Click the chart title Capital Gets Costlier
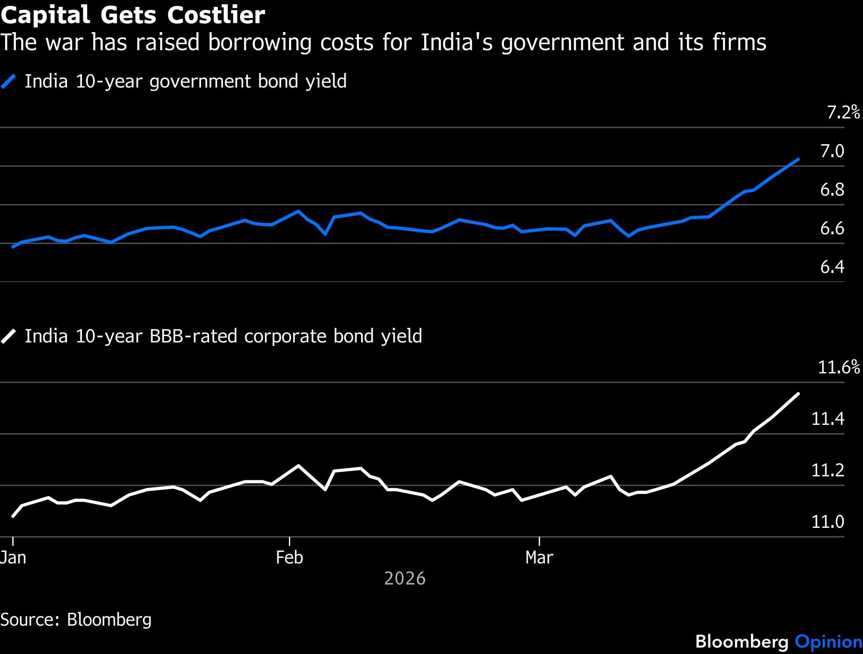pos(133,15)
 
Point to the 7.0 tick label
pos(832,151)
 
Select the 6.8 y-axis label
pos(832,190)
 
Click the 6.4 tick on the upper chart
pos(832,267)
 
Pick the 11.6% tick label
pos(839,367)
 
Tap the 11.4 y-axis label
pos(827,419)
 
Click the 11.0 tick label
pos(827,522)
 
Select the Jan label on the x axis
pos(13,557)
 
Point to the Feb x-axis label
pos(289,557)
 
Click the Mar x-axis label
pos(539,557)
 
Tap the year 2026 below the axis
pos(405,578)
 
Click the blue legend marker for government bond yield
pos(9,82)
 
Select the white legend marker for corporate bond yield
pos(9,336)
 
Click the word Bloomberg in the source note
pos(109,620)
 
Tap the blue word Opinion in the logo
pos(828,642)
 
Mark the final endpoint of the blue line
pos(798,159)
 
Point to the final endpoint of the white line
pos(798,394)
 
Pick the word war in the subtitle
pos(67,42)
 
